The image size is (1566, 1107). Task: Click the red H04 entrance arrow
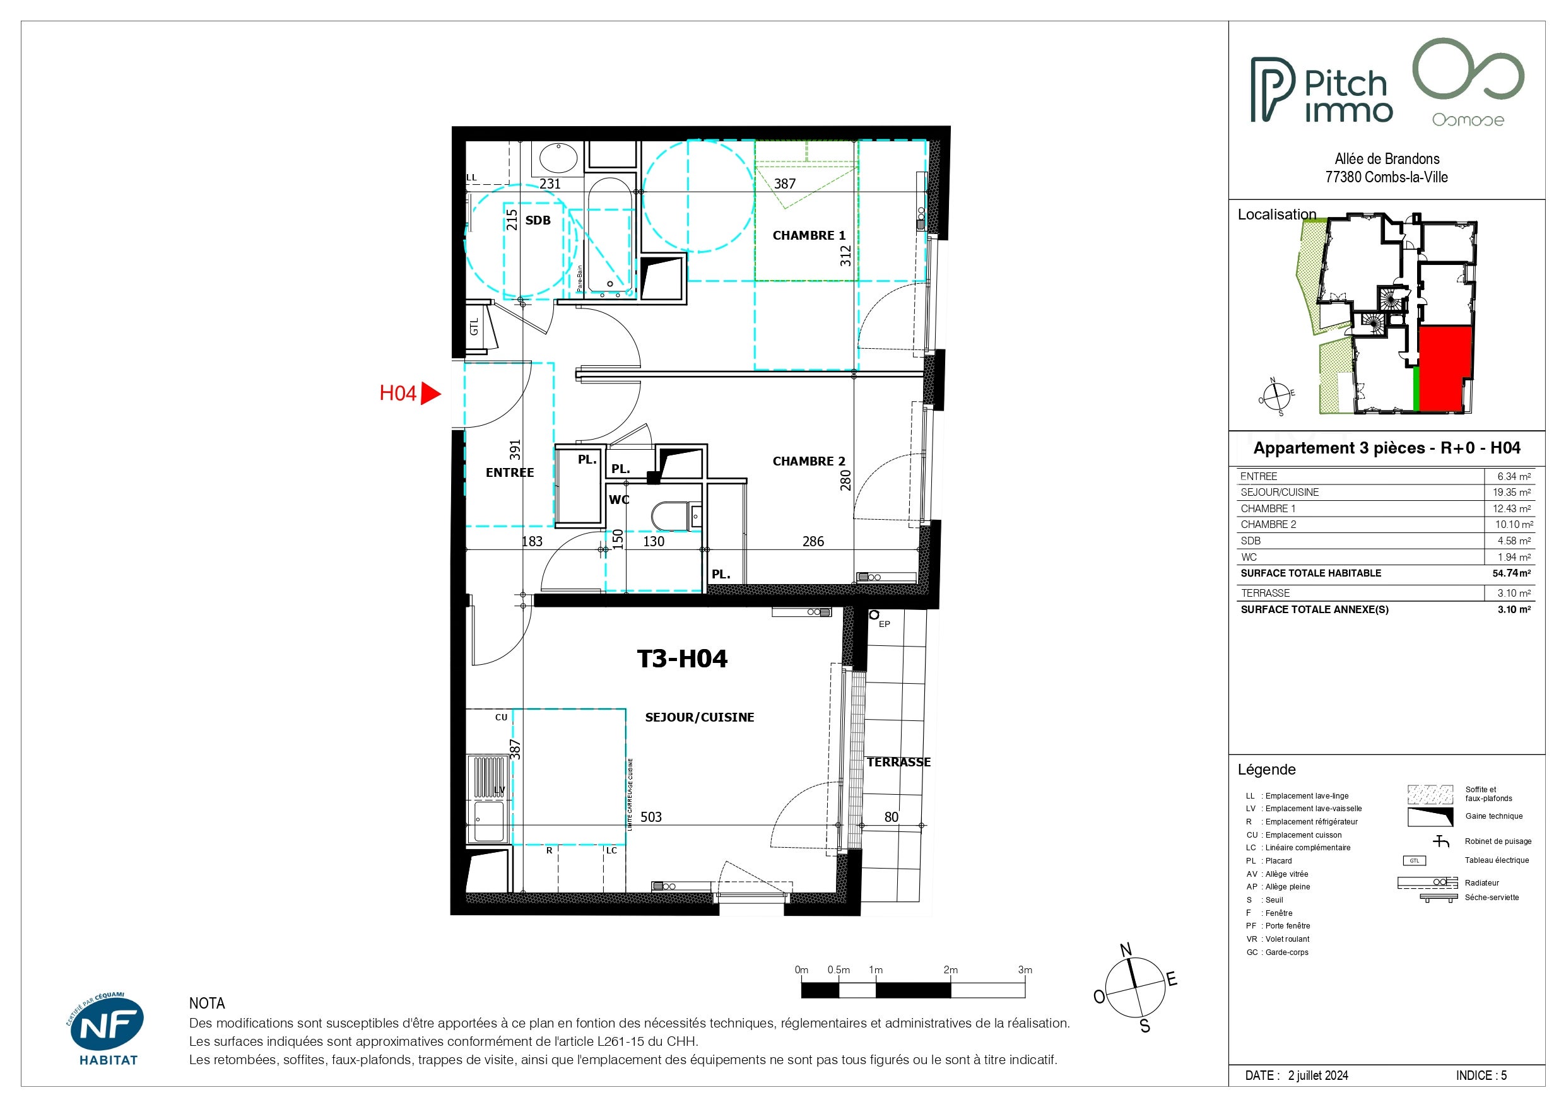click(x=430, y=394)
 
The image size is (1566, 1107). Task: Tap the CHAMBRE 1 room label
click(x=808, y=235)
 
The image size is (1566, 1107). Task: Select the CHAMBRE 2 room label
click(x=808, y=461)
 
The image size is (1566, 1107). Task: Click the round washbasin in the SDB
click(x=558, y=158)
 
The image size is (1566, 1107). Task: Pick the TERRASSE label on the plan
click(x=898, y=762)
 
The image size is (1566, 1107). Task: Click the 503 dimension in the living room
click(x=651, y=816)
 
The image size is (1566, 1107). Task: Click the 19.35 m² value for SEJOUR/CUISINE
click(x=1512, y=492)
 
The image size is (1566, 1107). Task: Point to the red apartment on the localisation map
click(x=1445, y=368)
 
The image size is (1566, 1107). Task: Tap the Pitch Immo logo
click(x=1321, y=90)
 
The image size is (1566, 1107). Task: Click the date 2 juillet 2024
click(x=1318, y=1075)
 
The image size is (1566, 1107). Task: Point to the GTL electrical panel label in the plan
click(x=474, y=327)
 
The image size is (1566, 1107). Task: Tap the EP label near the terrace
click(x=884, y=624)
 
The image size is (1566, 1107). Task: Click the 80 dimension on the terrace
click(x=892, y=816)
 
